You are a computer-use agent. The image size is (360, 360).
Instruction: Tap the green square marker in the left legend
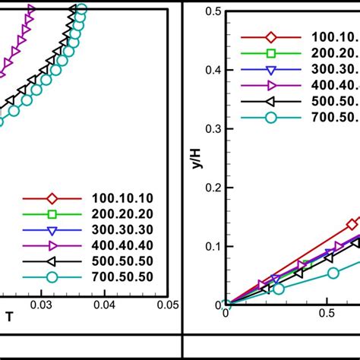coord(52,213)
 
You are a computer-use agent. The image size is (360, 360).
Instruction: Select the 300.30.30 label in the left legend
coord(123,229)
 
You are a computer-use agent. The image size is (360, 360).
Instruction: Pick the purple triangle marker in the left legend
coord(52,245)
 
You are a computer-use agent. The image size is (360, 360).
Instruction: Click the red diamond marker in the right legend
coord(270,37)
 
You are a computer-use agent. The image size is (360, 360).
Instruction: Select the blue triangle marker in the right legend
coord(270,69)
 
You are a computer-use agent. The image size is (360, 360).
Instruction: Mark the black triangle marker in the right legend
coord(270,101)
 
